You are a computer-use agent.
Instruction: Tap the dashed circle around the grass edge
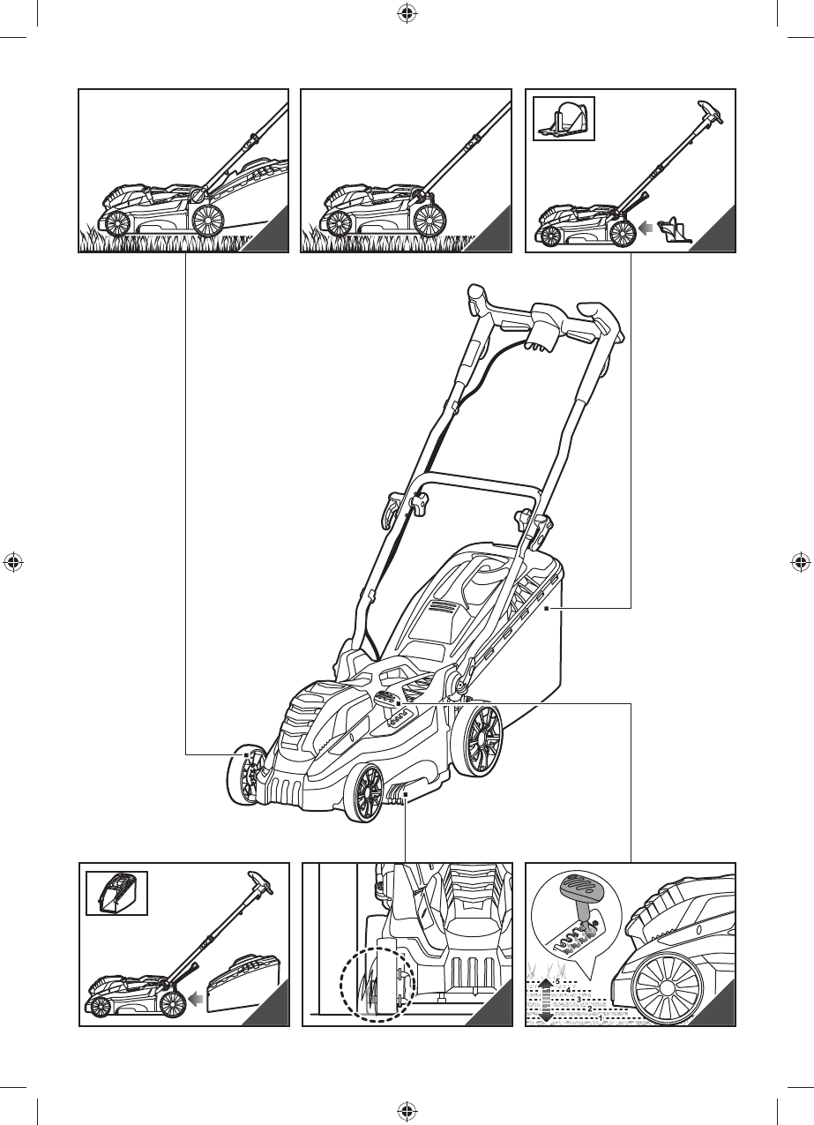click(378, 985)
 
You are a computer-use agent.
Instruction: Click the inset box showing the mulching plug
click(564, 117)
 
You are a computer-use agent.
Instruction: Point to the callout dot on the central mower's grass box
click(546, 609)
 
